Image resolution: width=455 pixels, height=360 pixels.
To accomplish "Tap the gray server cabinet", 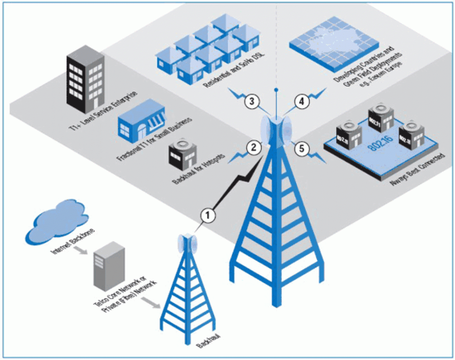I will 109,266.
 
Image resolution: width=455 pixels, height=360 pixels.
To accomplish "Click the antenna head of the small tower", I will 189,243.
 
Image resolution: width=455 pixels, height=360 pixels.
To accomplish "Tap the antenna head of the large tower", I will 278,131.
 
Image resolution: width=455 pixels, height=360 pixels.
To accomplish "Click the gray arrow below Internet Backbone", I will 80,250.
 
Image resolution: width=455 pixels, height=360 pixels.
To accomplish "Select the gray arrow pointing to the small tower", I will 150,302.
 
